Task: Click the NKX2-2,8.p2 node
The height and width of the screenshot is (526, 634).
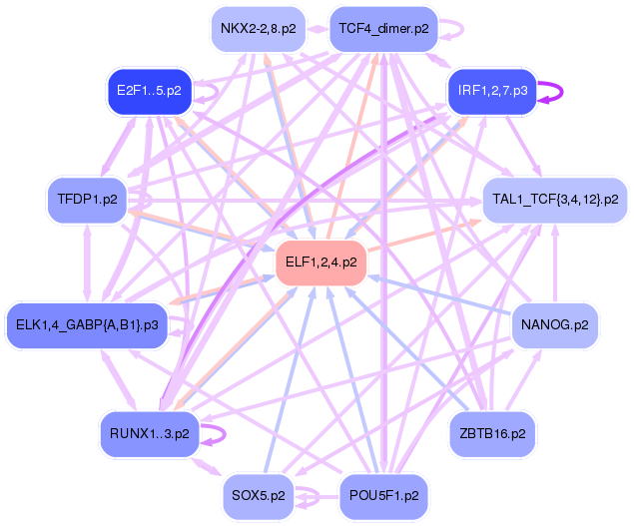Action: pos(258,28)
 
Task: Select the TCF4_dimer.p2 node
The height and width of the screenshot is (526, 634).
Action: pos(383,28)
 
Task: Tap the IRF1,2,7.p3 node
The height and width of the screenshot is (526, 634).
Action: pos(492,91)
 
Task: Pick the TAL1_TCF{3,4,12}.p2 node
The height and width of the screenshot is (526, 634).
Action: pos(554,199)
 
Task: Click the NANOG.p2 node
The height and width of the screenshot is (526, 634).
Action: pos(554,324)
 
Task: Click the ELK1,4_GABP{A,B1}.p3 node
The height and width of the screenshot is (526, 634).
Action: pos(86,324)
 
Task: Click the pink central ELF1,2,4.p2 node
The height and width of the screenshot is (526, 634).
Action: pos(320,263)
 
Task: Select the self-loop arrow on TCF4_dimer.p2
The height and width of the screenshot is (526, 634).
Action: pos(452,29)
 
